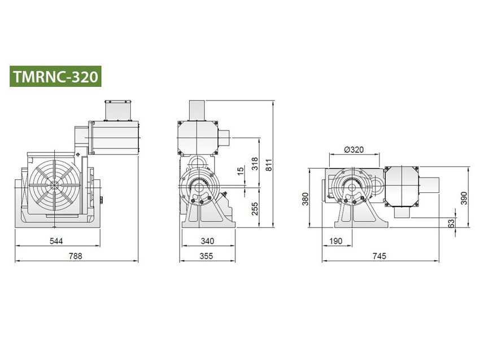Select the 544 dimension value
55,241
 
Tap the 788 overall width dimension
75,256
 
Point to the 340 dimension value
207,241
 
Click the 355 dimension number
207,256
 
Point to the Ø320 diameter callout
353,150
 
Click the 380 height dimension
304,198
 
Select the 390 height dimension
464,197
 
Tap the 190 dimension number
335,241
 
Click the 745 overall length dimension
379,256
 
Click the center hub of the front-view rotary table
55,185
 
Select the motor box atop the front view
113,135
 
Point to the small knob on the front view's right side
102,199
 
